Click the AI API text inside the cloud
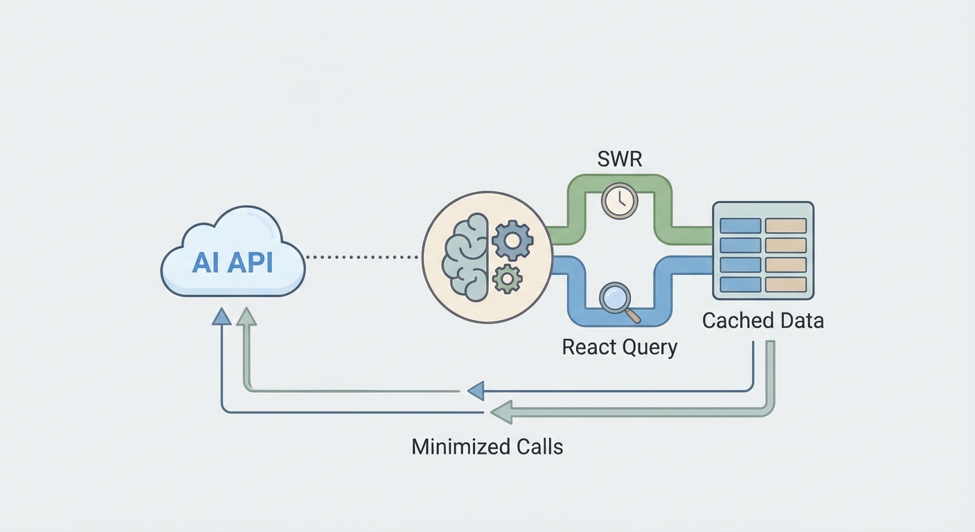[x=233, y=262]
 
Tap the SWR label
[x=620, y=159]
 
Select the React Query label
[x=620, y=346]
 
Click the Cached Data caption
[x=763, y=321]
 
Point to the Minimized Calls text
[x=487, y=446]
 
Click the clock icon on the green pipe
[x=619, y=201]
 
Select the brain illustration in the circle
[x=467, y=257]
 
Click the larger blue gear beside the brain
[x=512, y=240]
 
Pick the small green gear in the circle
[x=507, y=278]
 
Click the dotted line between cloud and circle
[x=361, y=256]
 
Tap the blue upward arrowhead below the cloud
[x=222, y=317]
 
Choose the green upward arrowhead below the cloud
[x=246, y=317]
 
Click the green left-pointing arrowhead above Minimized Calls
[x=500, y=413]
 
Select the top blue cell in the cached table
[x=740, y=226]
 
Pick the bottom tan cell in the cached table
[x=785, y=285]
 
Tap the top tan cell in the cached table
[x=785, y=226]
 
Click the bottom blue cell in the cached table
[x=740, y=285]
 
